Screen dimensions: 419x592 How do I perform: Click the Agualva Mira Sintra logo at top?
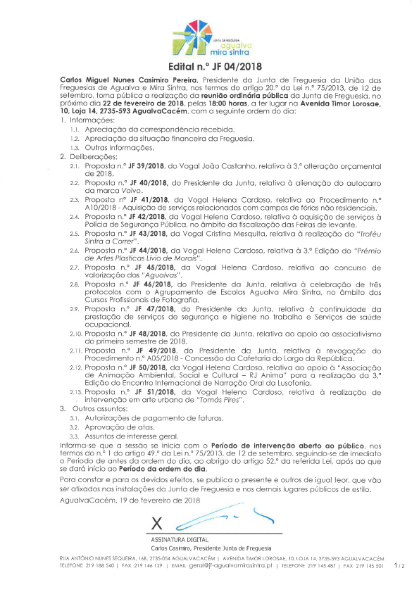[x=208, y=37]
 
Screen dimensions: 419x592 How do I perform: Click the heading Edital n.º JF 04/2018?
[x=209, y=68]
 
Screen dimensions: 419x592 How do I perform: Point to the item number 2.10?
[x=75, y=332]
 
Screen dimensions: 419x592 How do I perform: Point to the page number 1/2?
[x=399, y=565]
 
